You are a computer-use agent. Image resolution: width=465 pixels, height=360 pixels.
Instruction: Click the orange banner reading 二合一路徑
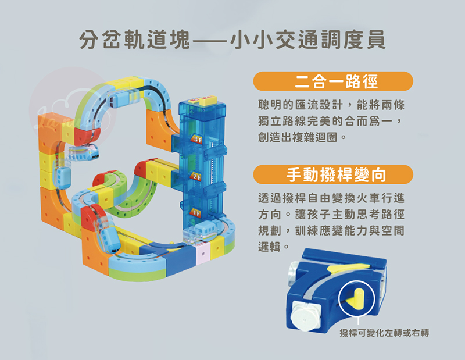click(x=332, y=81)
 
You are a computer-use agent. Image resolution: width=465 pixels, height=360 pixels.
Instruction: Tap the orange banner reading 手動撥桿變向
click(x=332, y=174)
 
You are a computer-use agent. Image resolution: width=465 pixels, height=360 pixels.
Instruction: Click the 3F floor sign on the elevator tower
click(x=196, y=139)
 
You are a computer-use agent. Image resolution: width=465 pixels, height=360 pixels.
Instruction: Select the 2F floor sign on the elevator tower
click(x=196, y=177)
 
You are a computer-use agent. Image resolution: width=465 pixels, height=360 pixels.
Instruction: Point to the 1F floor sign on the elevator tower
click(x=195, y=212)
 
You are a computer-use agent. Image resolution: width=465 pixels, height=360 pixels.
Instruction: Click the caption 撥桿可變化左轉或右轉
click(x=384, y=333)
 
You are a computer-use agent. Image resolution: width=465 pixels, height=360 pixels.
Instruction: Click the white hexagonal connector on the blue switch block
click(x=303, y=316)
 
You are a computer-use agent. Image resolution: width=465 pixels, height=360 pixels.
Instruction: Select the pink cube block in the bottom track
click(x=203, y=254)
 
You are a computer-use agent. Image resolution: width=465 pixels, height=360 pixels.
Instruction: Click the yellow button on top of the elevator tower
click(x=207, y=100)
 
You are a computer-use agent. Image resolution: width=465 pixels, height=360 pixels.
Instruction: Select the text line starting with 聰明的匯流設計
click(x=331, y=105)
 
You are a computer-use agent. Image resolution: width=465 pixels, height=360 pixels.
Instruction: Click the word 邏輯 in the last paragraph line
click(x=269, y=246)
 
